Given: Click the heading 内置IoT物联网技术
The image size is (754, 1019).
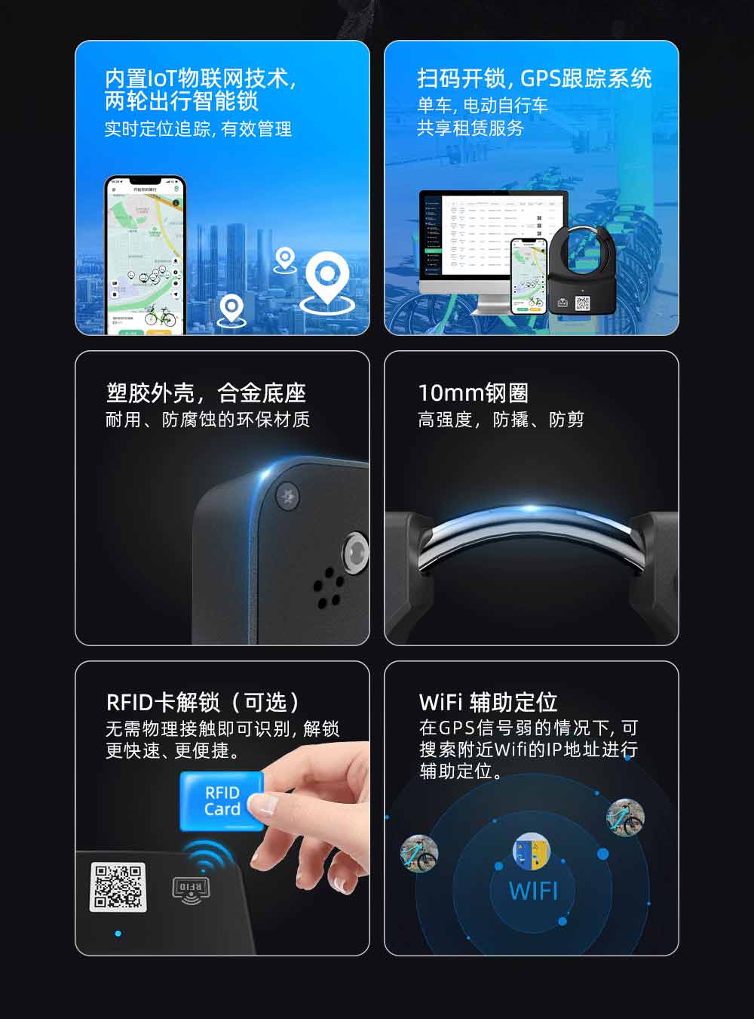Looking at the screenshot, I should click(200, 79).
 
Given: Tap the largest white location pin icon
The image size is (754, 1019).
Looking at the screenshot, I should click(327, 278).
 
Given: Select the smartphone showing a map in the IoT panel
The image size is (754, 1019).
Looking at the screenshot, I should click(145, 255).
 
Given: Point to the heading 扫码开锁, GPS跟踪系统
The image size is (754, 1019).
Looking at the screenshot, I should click(534, 79).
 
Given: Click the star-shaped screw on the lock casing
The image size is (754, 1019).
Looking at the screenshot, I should click(287, 495).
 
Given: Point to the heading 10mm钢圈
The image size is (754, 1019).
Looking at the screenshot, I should click(473, 393).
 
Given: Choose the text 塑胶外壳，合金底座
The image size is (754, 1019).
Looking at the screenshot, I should click(206, 393).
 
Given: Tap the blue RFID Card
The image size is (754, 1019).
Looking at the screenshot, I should click(222, 801).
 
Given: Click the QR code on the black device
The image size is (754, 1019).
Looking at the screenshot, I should click(118, 887).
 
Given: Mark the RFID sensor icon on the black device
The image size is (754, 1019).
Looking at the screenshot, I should click(191, 888).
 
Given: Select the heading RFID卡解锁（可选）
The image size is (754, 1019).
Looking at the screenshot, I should click(204, 703).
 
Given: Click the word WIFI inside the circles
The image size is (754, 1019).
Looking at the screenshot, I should click(533, 891).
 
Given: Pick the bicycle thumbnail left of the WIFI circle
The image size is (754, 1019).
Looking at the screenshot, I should click(419, 853).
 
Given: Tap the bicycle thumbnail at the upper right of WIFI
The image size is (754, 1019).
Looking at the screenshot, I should click(625, 817).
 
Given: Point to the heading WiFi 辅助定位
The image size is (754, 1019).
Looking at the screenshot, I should click(488, 703).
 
